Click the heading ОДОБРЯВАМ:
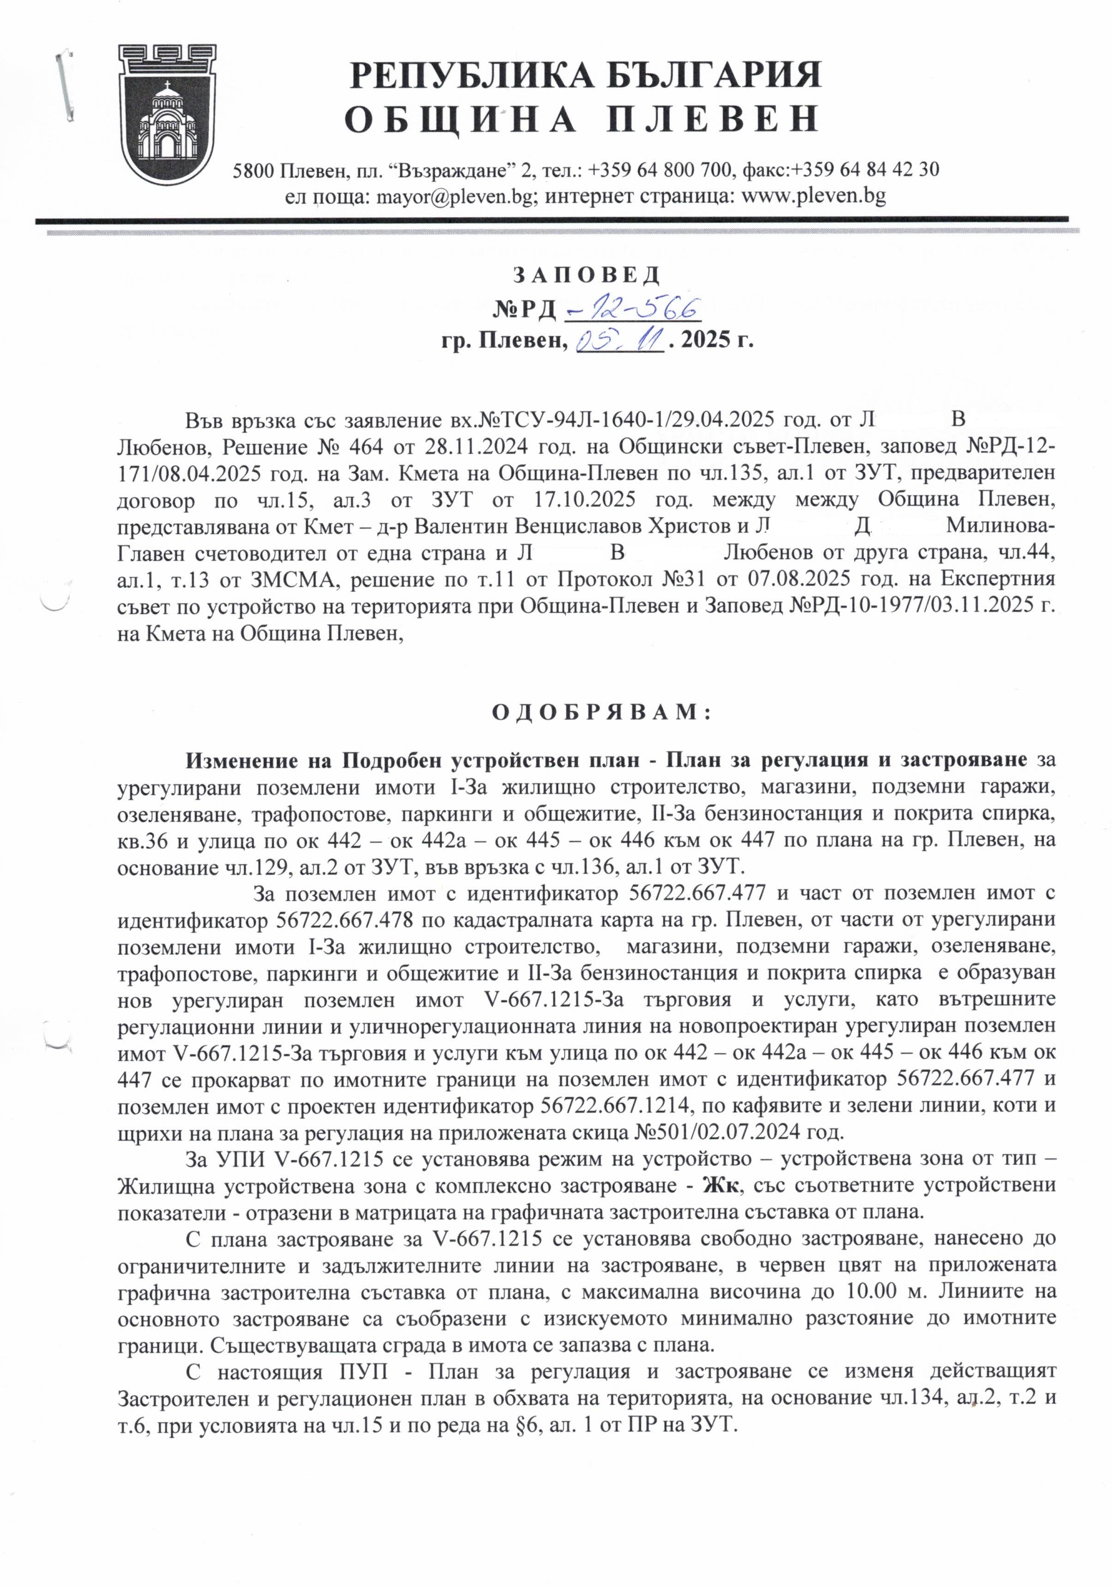coord(601,712)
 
